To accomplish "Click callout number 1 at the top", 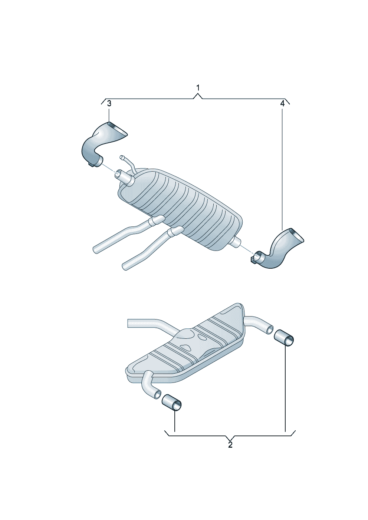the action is [198, 88].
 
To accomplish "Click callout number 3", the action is [109, 104].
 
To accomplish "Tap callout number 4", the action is [282, 104].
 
